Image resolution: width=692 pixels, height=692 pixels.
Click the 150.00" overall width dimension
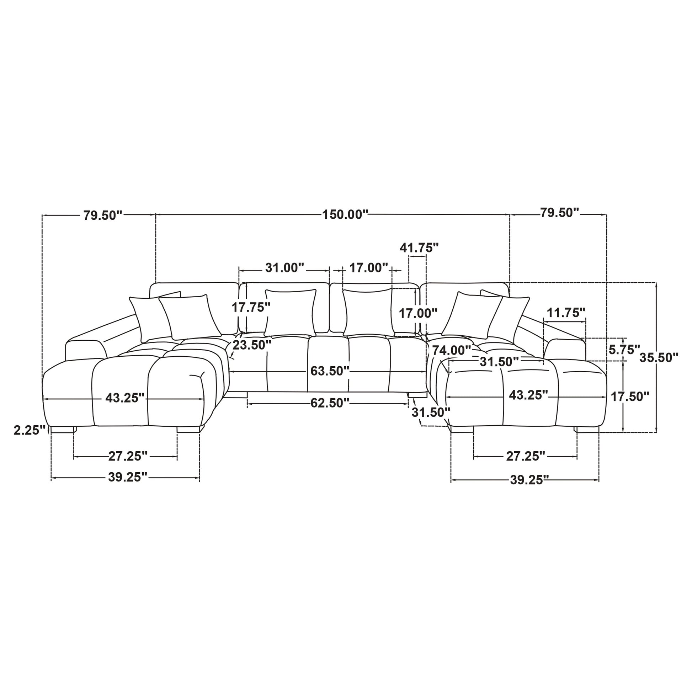pos(345,214)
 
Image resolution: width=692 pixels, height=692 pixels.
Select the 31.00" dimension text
pos(284,267)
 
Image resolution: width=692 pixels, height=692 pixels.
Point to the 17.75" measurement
pos(251,307)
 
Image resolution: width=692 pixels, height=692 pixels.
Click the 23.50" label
pos(252,345)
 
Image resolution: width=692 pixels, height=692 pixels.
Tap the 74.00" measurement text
pos(451,350)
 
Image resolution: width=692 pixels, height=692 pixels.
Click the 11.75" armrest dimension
pos(566,313)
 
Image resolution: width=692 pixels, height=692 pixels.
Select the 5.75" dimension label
pos(624,349)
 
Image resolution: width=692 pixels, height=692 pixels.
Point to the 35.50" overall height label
pos(659,357)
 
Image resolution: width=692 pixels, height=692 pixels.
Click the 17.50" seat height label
pos(630,396)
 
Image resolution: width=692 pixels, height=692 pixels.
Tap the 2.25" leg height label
pos(30,430)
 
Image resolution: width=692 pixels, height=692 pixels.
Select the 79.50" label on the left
pos(103,215)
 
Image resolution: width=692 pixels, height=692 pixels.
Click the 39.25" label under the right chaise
pos(529,480)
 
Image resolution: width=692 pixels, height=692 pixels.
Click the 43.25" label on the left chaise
pos(125,398)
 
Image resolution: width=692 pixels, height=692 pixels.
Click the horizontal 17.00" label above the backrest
pos(369,267)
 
